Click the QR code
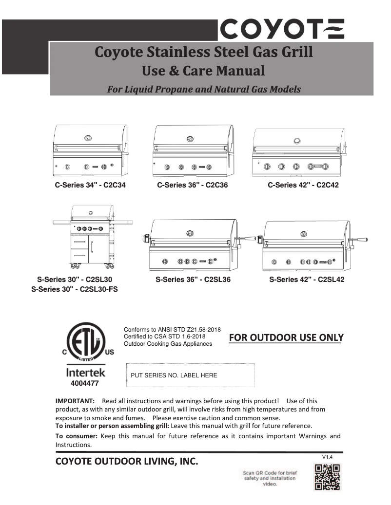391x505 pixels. (x=327, y=477)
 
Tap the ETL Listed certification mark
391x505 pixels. (x=86, y=345)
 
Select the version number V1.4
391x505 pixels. (x=327, y=457)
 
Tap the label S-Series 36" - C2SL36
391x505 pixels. (x=193, y=280)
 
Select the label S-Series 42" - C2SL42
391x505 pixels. (x=307, y=280)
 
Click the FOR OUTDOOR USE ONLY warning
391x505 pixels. (x=286, y=337)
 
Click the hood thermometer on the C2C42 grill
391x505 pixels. (x=296, y=141)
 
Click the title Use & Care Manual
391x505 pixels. (x=203, y=71)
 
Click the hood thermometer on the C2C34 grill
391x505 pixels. (x=88, y=138)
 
